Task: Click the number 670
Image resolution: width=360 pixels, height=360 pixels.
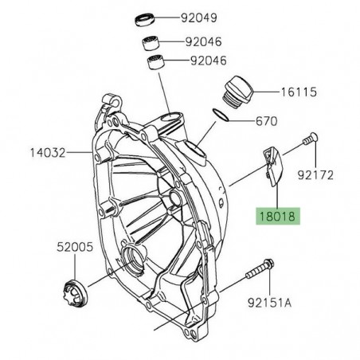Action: click(265, 122)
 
